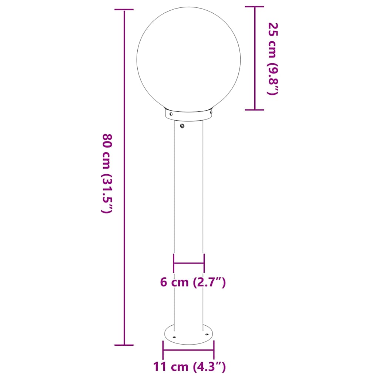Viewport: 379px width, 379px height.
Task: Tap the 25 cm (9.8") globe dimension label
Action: point(272,59)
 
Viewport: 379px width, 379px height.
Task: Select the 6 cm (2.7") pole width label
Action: point(193,282)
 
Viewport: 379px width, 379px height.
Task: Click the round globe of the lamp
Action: point(188,59)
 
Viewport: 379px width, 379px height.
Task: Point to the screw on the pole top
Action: point(182,126)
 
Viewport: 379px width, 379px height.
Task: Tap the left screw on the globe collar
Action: point(171,114)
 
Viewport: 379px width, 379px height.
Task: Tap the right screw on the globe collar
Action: point(211,111)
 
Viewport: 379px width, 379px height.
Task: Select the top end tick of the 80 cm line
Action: point(124,11)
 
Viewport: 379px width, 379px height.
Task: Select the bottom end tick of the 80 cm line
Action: point(124,345)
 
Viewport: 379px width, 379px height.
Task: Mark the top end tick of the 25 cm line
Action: point(255,7)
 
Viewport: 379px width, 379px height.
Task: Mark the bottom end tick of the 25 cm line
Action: point(255,110)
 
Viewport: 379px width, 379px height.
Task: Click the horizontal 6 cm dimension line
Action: point(189,263)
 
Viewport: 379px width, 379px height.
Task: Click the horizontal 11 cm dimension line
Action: point(189,350)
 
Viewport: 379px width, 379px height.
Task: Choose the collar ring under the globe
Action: point(189,116)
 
